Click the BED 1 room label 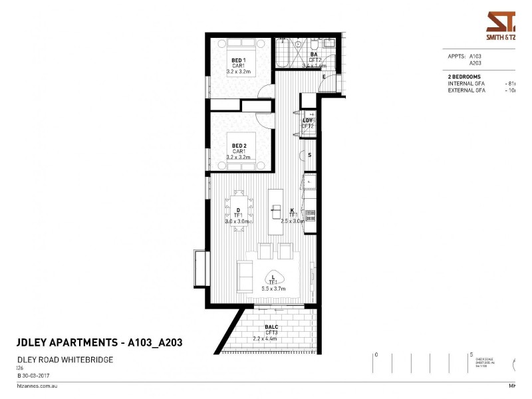238,60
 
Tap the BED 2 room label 239,146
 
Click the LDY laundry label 307,120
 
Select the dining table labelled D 238,211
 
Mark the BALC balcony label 271,327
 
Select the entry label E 324,78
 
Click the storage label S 309,155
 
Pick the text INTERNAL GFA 466,84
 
